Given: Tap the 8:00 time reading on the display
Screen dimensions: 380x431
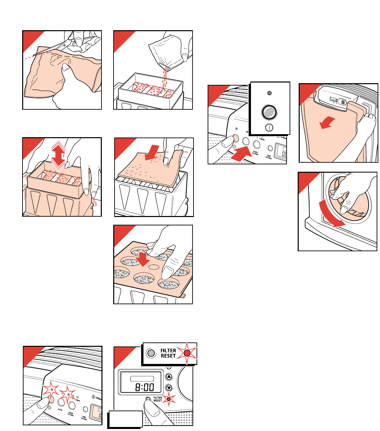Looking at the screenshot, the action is coord(144,387).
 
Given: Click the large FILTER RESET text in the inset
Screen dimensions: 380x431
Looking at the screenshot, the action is coord(168,353).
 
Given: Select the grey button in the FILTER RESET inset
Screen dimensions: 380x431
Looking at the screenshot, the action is coord(151,353).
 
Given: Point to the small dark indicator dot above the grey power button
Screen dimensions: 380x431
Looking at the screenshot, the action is coord(269,93).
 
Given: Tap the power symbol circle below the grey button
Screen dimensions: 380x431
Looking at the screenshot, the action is coord(269,127).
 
